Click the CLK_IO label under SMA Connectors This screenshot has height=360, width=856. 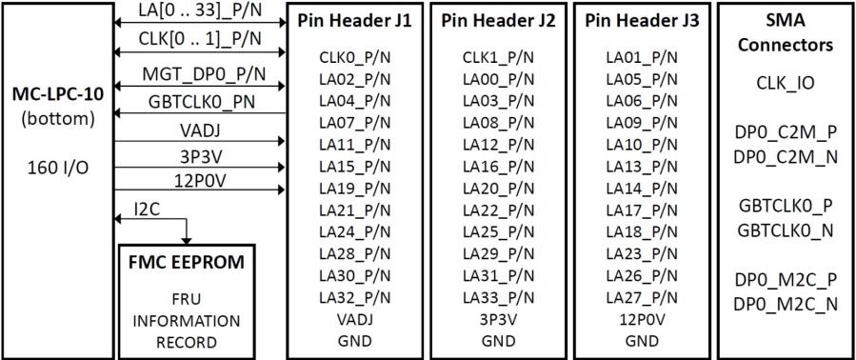pyautogui.click(x=786, y=84)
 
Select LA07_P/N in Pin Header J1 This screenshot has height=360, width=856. pyautogui.click(x=354, y=123)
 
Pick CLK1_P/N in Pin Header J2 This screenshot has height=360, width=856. pyautogui.click(x=497, y=58)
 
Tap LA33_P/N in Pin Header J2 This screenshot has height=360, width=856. pyautogui.click(x=497, y=297)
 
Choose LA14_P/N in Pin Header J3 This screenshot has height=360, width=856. pyautogui.click(x=642, y=189)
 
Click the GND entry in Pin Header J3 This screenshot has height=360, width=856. pyautogui.click(x=642, y=340)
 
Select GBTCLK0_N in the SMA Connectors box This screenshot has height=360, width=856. pyautogui.click(x=786, y=230)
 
